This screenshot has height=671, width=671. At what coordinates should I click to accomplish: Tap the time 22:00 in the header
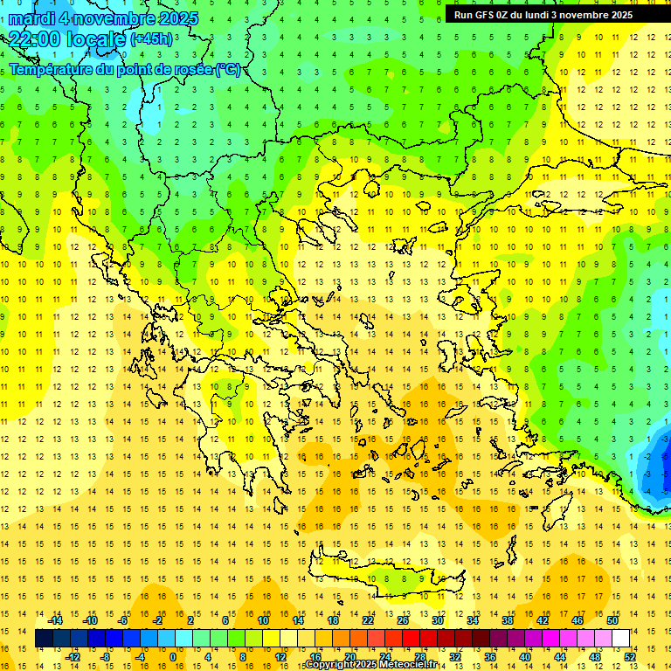37,39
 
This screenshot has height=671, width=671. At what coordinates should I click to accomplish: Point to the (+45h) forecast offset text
151,39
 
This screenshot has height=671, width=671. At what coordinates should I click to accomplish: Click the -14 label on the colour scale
56,620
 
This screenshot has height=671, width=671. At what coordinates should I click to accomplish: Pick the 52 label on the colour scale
629,657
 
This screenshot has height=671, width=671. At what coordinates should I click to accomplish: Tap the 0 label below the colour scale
172,657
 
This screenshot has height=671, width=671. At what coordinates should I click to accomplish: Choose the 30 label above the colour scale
437,620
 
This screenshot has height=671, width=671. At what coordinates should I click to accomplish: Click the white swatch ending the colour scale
620,639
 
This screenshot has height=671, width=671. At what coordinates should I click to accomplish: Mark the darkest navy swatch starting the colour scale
44,639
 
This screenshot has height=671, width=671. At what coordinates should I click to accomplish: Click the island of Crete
384,577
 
